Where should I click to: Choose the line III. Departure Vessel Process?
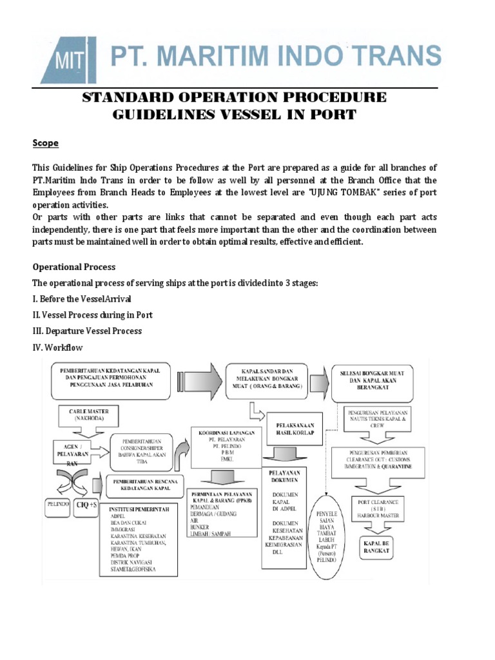click(86, 331)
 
